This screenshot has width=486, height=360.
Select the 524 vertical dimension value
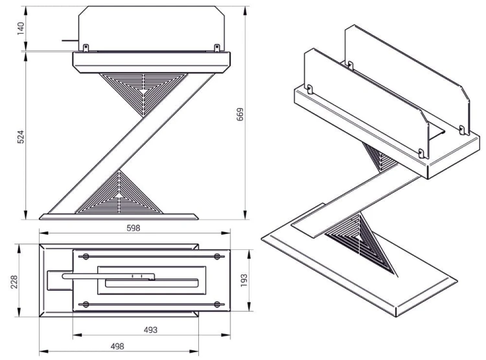pos(19,137)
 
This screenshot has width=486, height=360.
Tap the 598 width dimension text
pos(133,228)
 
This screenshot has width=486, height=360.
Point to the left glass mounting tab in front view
pos(85,47)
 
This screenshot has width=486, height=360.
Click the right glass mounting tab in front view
pos(216,47)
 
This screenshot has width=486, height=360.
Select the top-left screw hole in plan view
pos(86,257)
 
